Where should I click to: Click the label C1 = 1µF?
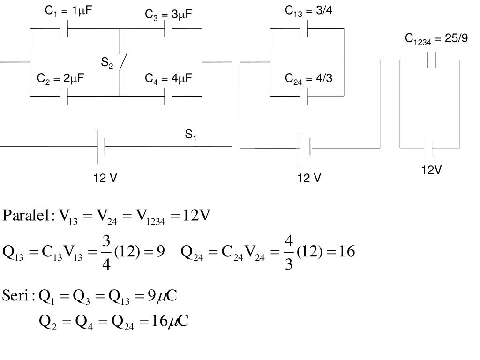67,11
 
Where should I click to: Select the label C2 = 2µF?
60,78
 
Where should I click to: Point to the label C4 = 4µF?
168,78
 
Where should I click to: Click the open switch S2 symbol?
123,61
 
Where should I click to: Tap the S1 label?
190,135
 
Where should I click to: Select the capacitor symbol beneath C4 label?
169,96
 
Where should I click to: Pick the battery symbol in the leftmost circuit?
101,147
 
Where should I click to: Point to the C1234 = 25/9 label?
436,38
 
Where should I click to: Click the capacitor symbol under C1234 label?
432,60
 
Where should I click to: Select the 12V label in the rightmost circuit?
431,170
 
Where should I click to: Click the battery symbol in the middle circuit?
305,148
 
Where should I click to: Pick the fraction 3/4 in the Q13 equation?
107,252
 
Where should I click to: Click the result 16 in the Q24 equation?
345,252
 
